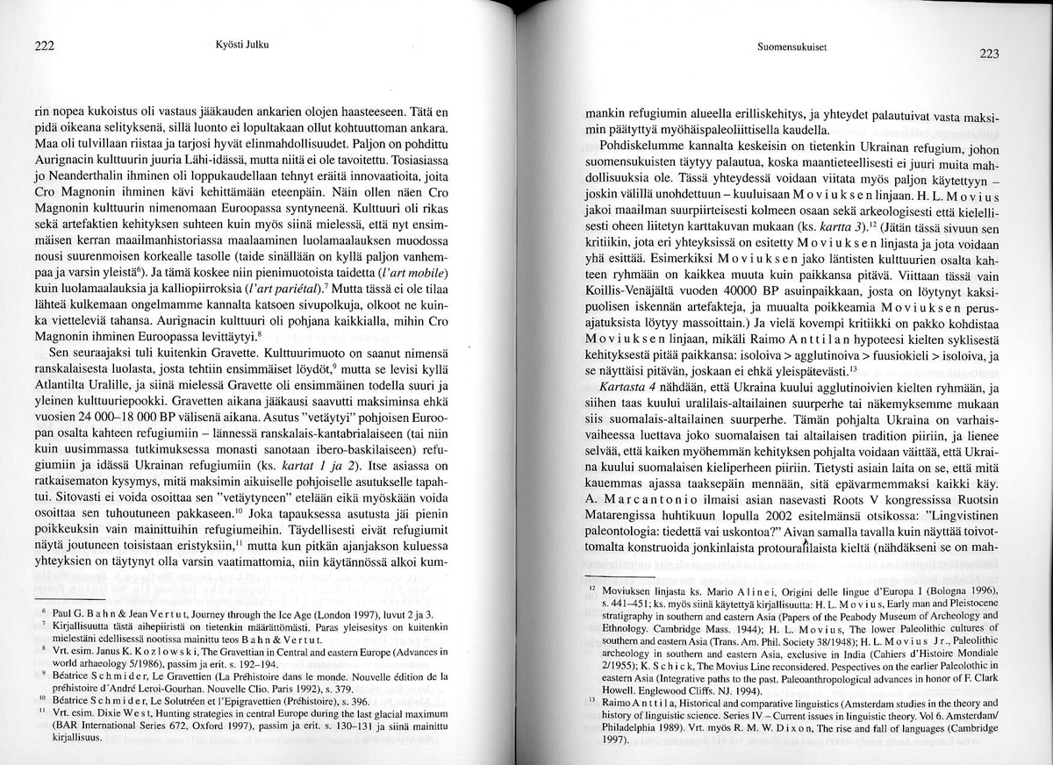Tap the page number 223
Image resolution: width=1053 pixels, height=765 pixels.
tap(989, 54)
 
